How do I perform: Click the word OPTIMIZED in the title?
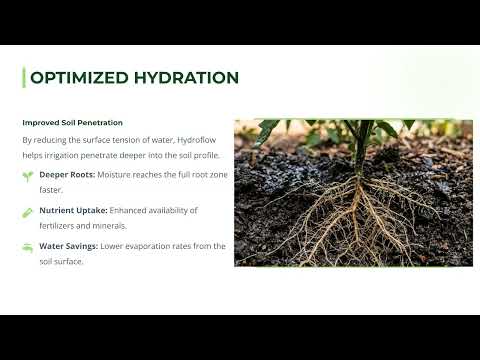[79, 78]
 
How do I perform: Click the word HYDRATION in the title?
[186, 78]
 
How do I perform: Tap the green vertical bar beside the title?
[24, 77]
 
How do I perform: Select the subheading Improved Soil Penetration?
[72, 123]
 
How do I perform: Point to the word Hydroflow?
[196, 140]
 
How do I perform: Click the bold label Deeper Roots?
[67, 175]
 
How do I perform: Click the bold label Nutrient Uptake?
[73, 211]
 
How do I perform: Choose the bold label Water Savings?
[68, 246]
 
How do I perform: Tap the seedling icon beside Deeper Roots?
[28, 176]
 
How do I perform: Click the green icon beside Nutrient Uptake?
[27, 213]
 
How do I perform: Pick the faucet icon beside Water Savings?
[28, 248]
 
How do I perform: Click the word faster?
[51, 190]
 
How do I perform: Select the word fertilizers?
[56, 226]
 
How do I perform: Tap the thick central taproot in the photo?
[357, 207]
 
